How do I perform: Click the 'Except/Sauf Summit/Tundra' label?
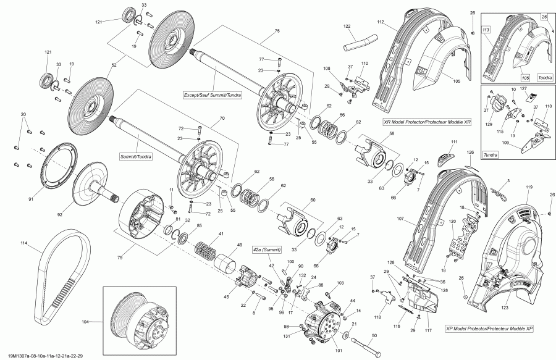coord(213,95)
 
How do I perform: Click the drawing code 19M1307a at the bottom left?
coord(43,355)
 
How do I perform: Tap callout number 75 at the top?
coord(277,31)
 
